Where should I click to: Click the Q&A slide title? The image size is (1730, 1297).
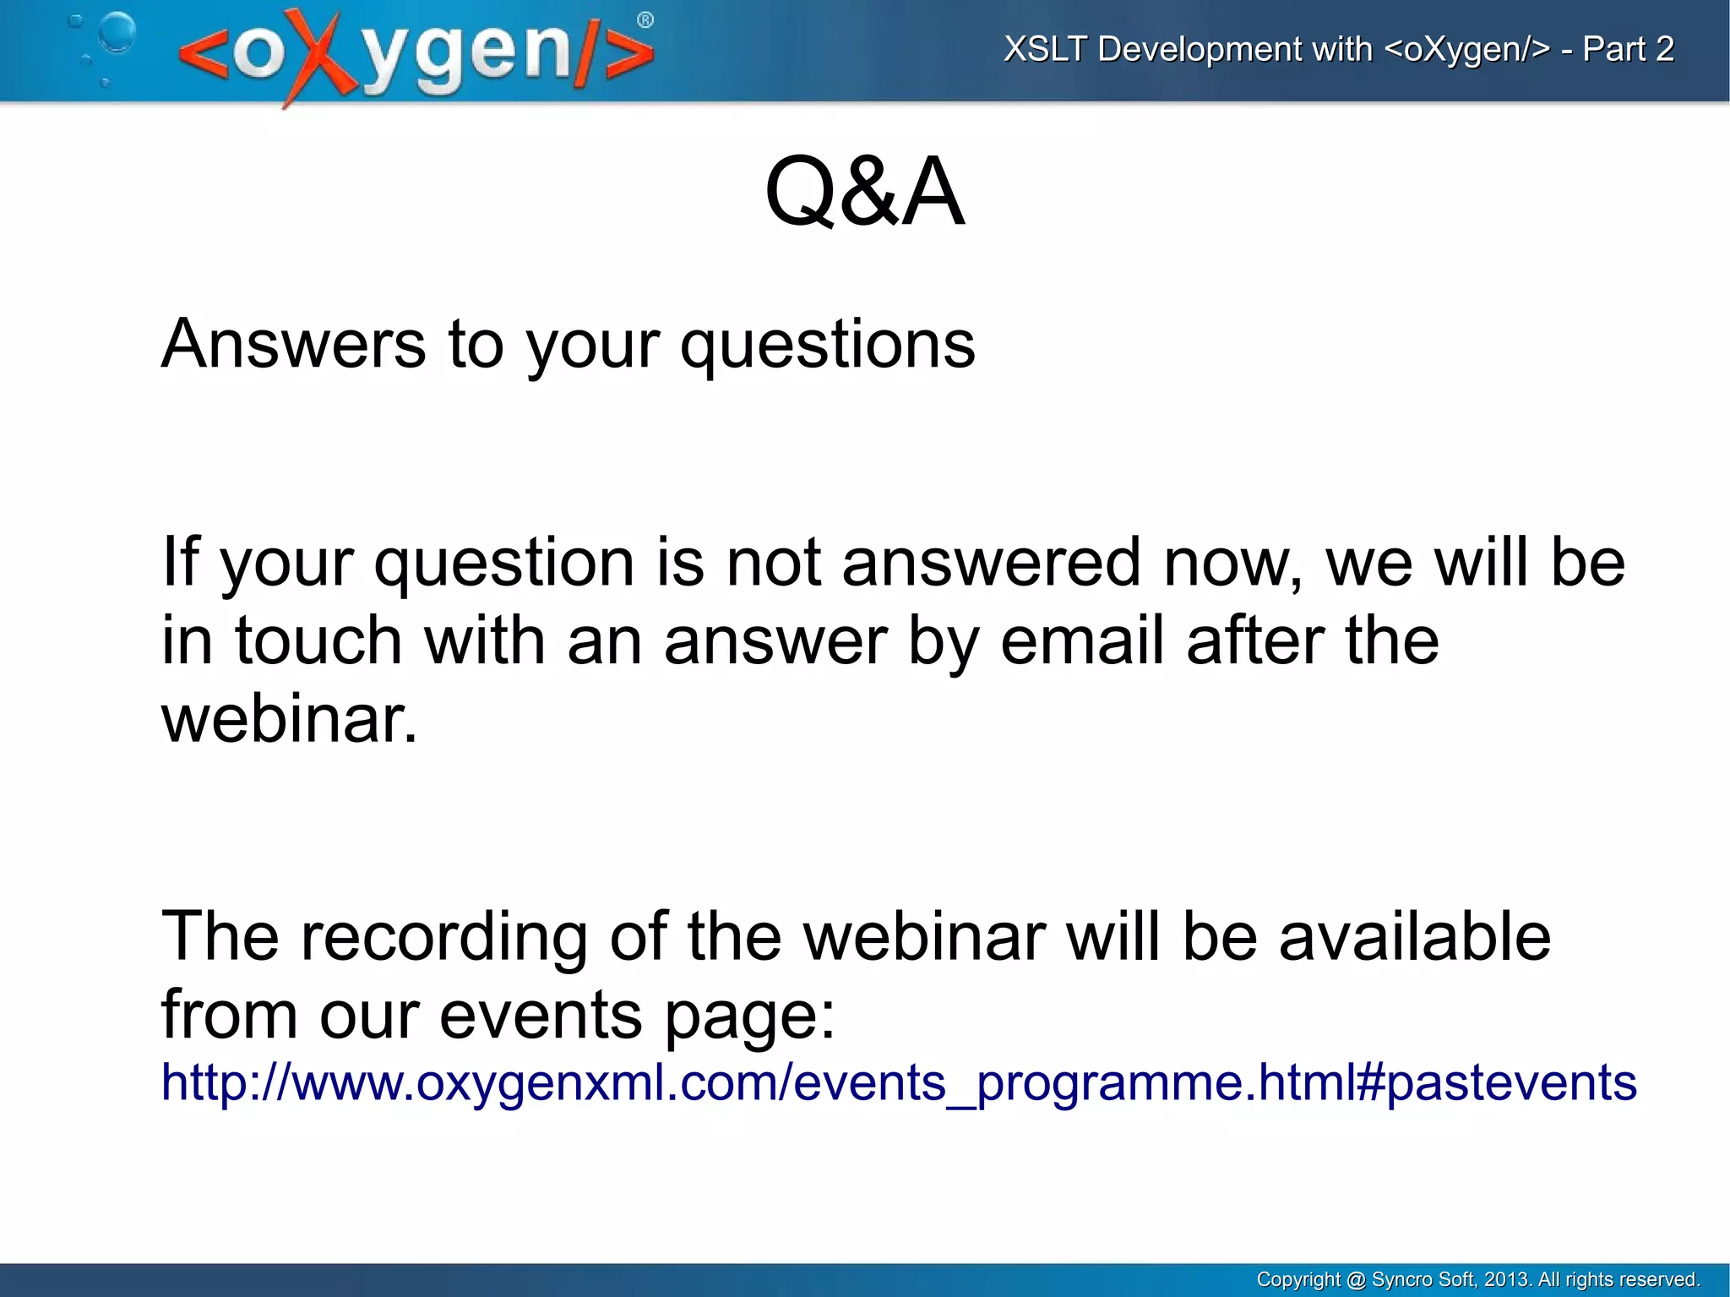864,193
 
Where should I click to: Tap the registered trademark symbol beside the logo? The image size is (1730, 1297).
645,20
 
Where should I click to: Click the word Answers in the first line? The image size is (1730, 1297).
293,344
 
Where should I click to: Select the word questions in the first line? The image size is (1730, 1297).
827,346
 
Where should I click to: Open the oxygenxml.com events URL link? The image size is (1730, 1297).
898,1082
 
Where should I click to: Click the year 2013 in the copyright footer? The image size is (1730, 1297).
1505,1279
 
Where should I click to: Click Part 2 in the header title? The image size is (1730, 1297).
1628,49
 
